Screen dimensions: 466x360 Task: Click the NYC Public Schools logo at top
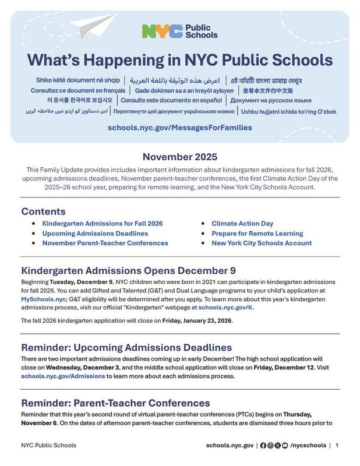point(179,31)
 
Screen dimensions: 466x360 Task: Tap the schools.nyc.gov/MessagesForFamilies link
point(179,128)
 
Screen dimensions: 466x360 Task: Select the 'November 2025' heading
point(179,157)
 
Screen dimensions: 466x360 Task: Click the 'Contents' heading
point(43,211)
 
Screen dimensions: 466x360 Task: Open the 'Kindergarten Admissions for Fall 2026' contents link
point(103,224)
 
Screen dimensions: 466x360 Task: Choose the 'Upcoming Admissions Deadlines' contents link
point(95,234)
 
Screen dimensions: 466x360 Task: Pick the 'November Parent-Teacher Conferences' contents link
point(105,243)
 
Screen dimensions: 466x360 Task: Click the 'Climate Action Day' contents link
point(242,224)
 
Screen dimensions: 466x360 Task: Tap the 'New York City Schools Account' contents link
point(262,243)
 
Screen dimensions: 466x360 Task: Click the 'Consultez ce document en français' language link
point(78,91)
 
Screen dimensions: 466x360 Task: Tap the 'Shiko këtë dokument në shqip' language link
point(78,80)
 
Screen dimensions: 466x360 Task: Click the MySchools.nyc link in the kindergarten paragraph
point(44,299)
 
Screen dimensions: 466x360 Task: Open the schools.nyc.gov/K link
point(225,307)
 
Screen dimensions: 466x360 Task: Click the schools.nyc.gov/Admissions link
point(63,376)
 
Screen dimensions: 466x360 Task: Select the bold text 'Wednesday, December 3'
point(83,368)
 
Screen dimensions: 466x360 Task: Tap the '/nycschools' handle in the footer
point(308,446)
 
